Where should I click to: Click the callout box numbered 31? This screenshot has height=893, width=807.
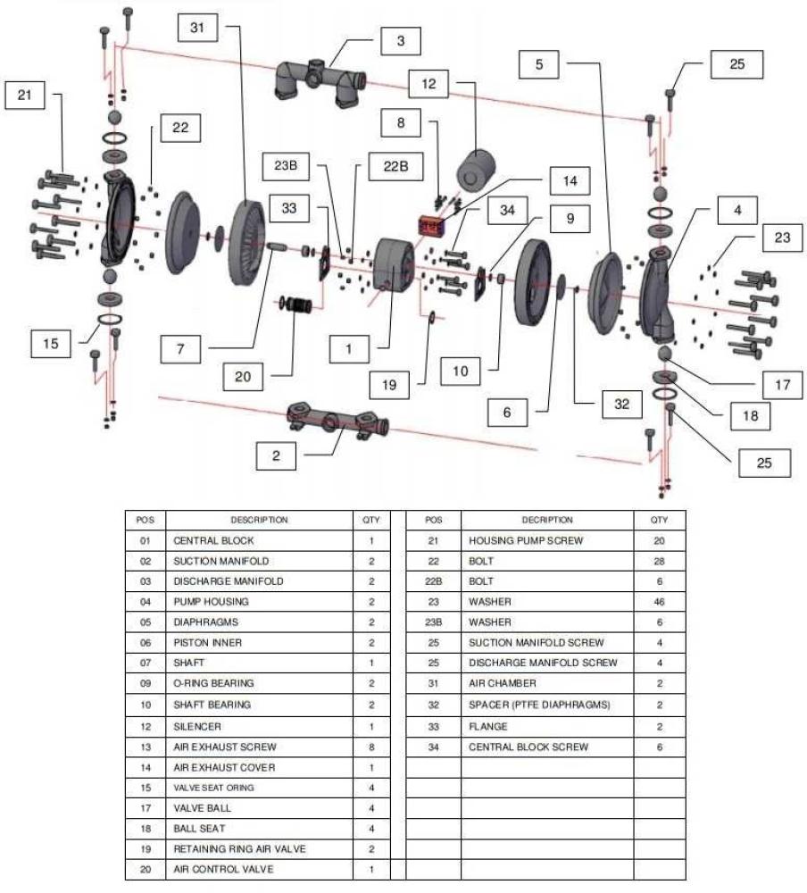click(196, 28)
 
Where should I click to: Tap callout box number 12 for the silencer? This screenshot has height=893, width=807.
click(428, 84)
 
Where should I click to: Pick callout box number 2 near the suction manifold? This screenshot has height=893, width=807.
click(276, 455)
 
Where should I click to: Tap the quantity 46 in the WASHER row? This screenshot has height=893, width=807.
click(659, 602)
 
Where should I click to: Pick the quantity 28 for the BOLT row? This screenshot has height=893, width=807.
click(659, 561)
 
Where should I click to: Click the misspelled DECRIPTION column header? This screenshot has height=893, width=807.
click(546, 520)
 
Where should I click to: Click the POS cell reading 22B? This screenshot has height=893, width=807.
click(434, 581)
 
